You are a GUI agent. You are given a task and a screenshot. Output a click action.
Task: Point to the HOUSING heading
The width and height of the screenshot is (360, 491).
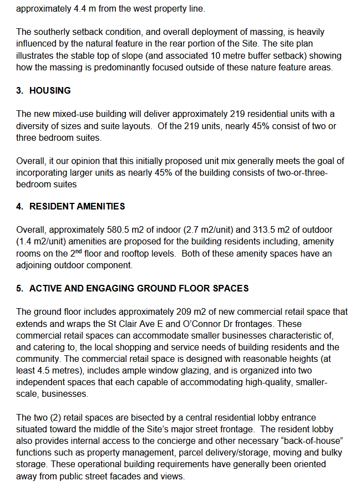pos(50,91)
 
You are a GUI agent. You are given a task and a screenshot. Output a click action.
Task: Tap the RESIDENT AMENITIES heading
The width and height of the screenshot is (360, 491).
pos(77,206)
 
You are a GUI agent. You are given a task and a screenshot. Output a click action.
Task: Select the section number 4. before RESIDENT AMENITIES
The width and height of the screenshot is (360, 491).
pos(20,206)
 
